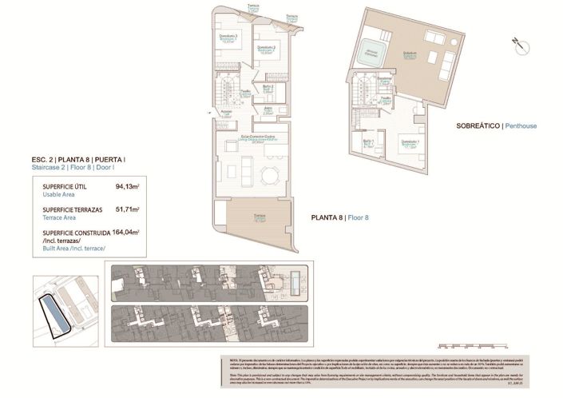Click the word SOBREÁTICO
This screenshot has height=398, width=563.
pos(478,126)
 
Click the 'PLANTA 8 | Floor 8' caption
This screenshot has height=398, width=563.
pos(339,217)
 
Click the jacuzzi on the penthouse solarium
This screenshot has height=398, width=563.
pos(372,52)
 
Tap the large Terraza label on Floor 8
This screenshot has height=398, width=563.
pos(259,218)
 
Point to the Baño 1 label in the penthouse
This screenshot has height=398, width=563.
pos(368,145)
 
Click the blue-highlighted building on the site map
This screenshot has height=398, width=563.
pos(54,312)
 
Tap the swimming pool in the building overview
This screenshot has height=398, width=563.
pos(298,280)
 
